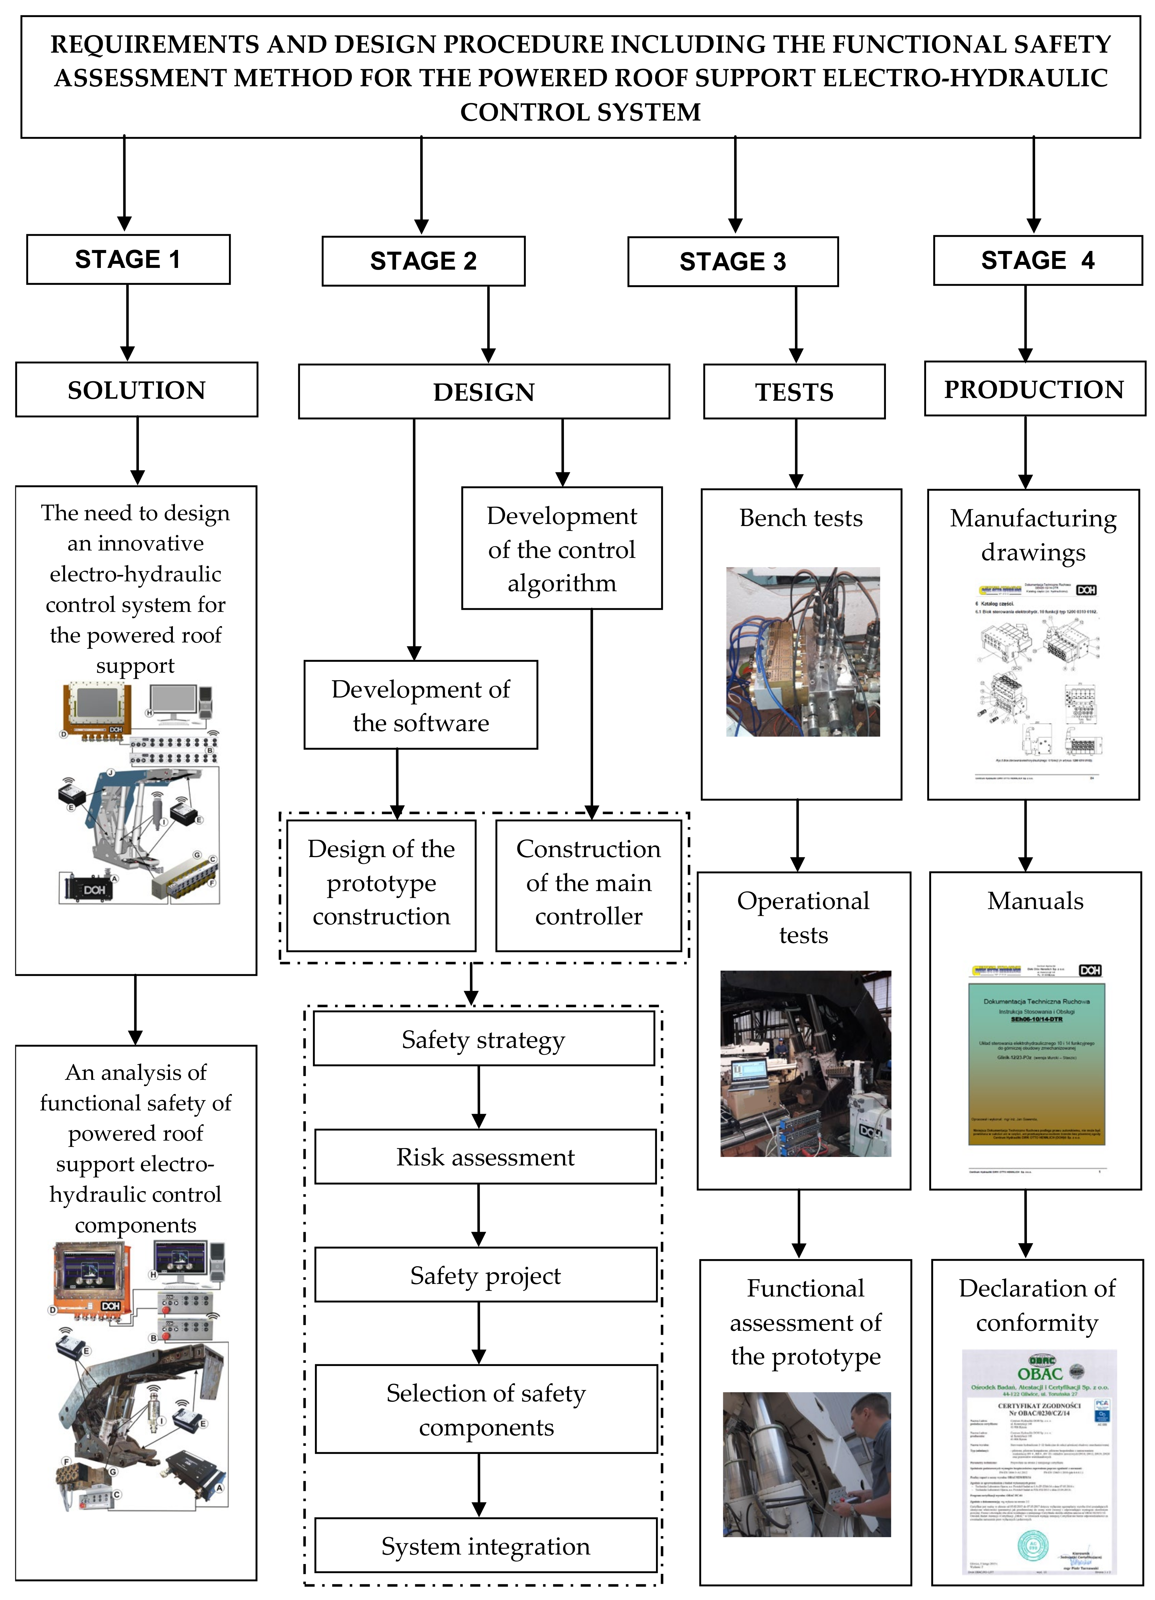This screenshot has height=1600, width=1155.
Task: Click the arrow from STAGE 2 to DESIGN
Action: pos(488,325)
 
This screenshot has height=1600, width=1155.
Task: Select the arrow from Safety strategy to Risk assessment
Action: pos(479,1097)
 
